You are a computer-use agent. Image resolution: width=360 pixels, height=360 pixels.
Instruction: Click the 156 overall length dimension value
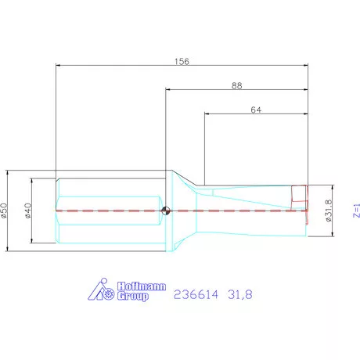point(182,60)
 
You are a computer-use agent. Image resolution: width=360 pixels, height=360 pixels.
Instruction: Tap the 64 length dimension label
point(255,110)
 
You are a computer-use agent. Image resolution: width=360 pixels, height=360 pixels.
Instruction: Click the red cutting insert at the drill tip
point(299,194)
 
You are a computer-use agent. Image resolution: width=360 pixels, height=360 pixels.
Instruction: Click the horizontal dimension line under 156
point(117,66)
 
